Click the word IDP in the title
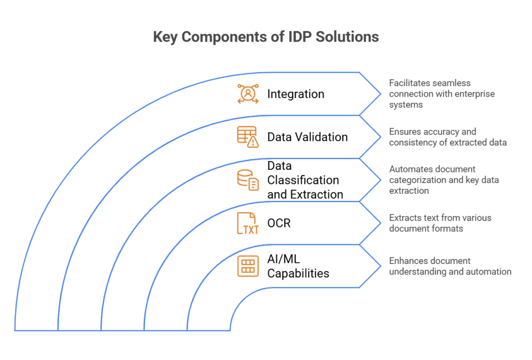click(x=300, y=37)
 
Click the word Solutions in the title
click(x=347, y=37)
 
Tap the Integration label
click(x=296, y=94)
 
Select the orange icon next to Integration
click(x=248, y=94)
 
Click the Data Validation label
click(x=308, y=137)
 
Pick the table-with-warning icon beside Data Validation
click(x=248, y=137)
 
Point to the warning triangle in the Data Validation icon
click(x=253, y=142)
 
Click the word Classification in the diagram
click(x=303, y=180)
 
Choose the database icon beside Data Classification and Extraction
click(x=248, y=180)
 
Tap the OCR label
click(x=279, y=223)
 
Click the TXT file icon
click(x=248, y=223)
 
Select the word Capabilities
click(x=298, y=273)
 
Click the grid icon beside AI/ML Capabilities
click(x=248, y=266)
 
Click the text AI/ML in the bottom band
click(x=284, y=259)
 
